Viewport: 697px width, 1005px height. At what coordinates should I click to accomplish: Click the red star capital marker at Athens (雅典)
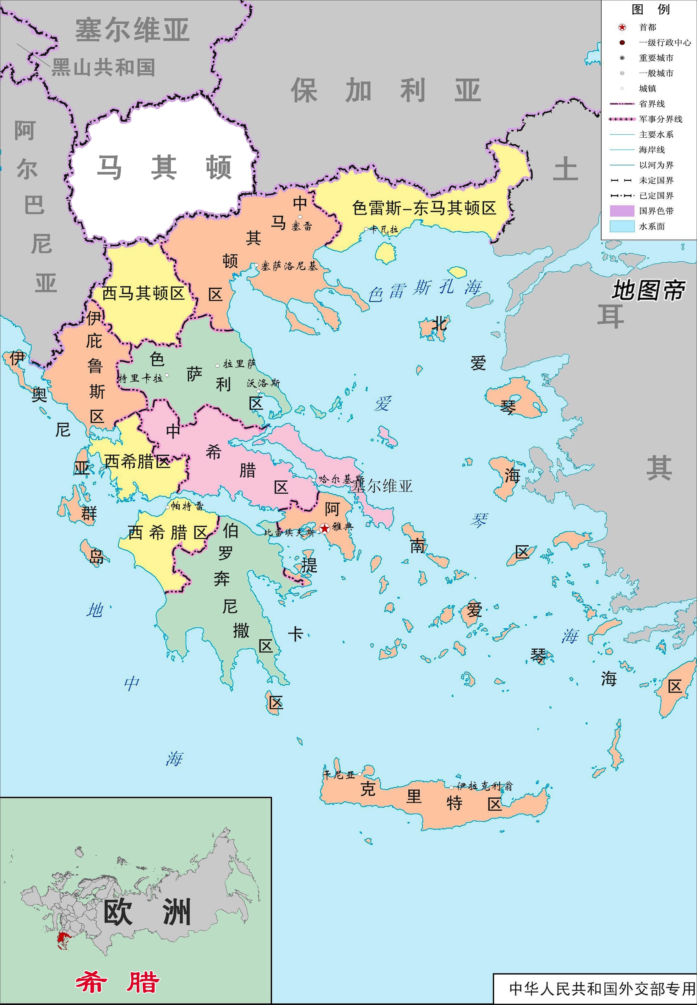(x=324, y=529)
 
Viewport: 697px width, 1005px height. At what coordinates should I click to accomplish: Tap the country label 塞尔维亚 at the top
(x=132, y=30)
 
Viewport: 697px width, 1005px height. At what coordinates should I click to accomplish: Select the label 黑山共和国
(x=103, y=67)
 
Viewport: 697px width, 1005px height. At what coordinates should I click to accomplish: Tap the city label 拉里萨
(x=239, y=364)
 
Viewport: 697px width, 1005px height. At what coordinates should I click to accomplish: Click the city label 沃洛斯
(x=263, y=383)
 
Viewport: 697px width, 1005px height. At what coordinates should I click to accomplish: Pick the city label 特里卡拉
(x=141, y=378)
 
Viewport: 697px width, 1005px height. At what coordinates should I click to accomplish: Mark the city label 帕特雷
(x=187, y=506)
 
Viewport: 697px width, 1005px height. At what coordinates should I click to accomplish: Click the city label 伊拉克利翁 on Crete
(x=484, y=786)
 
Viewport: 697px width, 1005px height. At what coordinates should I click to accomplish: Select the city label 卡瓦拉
(x=384, y=229)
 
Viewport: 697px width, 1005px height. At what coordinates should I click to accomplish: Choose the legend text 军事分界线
(x=660, y=119)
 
